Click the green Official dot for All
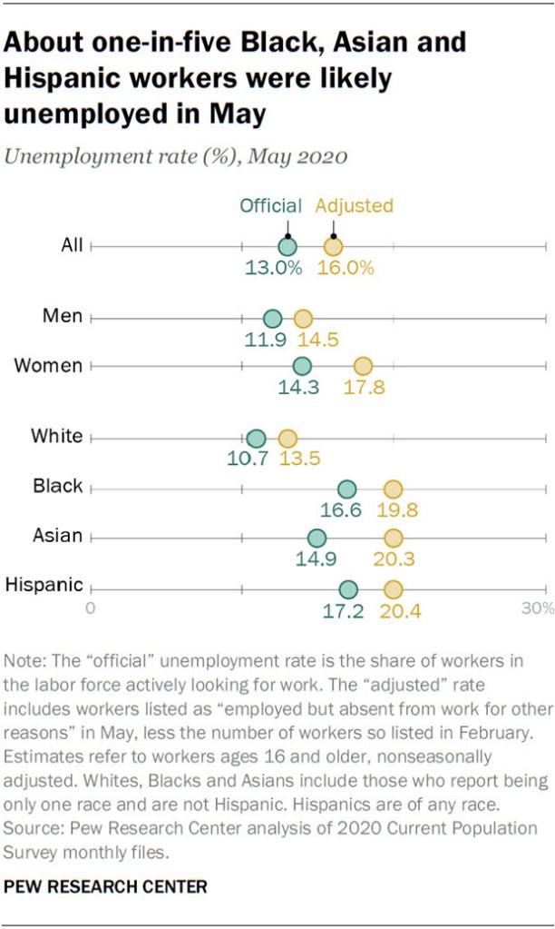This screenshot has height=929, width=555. point(287,246)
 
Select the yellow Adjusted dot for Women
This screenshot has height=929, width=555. point(363,366)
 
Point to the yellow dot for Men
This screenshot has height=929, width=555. point(303,319)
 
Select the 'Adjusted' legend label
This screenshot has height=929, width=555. point(355,206)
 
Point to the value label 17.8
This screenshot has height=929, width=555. point(363,388)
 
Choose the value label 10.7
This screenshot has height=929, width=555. point(248,460)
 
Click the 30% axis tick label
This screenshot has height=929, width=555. point(537,608)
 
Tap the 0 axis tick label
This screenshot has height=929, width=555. point(91,608)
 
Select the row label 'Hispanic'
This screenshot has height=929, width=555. point(44,586)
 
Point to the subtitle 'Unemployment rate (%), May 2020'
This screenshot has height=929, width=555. point(176,156)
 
